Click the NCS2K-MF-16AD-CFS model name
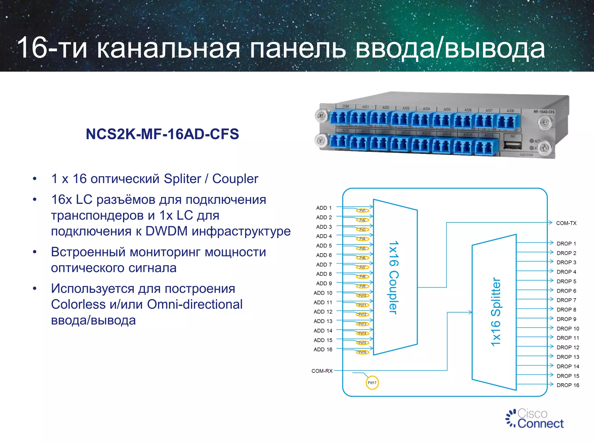[162, 134]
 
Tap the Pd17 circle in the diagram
[372, 383]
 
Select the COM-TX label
[566, 223]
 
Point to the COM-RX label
[322, 371]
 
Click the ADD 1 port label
[324, 208]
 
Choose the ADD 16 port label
[323, 349]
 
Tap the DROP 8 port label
[566, 310]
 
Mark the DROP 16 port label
[568, 385]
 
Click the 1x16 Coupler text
[394, 277]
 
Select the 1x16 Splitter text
[495, 312]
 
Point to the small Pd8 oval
[363, 277]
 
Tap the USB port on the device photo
[512, 145]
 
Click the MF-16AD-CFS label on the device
[544, 112]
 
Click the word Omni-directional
[195, 304]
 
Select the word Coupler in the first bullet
[235, 179]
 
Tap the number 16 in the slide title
[32, 48]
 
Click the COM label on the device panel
[345, 106]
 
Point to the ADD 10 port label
[323, 293]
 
